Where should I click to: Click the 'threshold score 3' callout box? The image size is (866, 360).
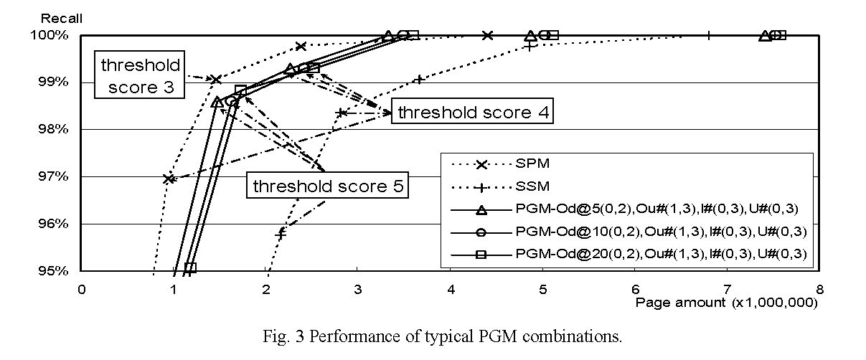[141, 77]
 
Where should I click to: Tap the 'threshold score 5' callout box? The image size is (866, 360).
[328, 187]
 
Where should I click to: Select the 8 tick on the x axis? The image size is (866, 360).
[819, 288]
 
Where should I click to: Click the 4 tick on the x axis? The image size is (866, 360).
[450, 288]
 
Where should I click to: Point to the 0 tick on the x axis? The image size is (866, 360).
[82, 288]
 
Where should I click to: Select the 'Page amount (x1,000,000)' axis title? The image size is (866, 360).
[726, 303]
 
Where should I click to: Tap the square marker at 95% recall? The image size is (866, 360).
[190, 267]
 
